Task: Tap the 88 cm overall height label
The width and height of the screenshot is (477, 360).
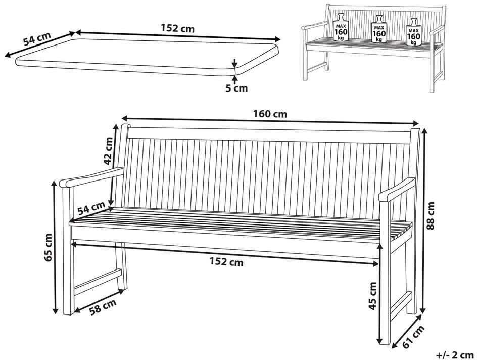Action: [431, 216]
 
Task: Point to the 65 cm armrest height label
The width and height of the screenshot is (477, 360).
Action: [49, 248]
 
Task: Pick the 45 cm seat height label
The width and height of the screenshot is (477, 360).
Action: [373, 296]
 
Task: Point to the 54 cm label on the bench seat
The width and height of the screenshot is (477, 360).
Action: [91, 208]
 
